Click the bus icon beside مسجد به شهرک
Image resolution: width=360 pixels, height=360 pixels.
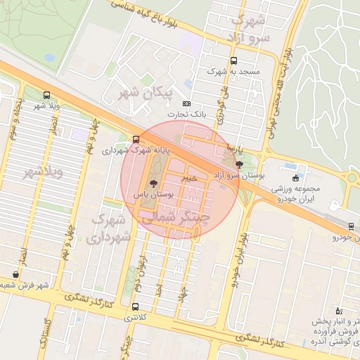click(x=233, y=60)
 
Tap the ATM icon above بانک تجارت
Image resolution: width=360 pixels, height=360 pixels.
click(x=186, y=103)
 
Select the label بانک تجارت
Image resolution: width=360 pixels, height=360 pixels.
click(x=186, y=114)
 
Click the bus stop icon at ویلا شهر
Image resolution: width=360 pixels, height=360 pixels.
click(x=46, y=95)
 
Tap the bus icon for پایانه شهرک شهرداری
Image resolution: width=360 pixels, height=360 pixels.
click(x=136, y=139)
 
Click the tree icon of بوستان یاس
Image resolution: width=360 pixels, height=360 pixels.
click(x=154, y=184)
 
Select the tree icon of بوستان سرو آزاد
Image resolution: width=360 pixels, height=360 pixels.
click(x=240, y=165)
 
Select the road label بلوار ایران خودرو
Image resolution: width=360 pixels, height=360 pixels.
click(x=241, y=252)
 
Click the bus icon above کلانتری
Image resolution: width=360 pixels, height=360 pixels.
click(x=136, y=307)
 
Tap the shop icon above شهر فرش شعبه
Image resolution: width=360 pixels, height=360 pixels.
click(x=15, y=274)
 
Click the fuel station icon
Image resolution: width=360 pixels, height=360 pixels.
click(x=337, y=311)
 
